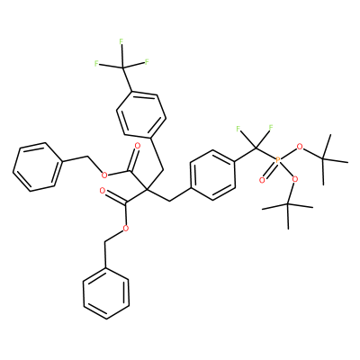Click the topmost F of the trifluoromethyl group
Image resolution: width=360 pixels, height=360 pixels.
coord(121,41)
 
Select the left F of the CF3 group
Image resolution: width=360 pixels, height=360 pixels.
coord(96,63)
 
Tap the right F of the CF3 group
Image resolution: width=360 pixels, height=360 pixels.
coord(147,62)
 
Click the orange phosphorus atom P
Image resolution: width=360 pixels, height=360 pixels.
coord(277,160)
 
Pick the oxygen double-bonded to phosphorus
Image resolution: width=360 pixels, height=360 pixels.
coord(262,180)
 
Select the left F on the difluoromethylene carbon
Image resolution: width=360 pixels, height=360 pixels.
coord(238,129)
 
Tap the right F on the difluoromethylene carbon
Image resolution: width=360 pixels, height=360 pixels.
coord(271,129)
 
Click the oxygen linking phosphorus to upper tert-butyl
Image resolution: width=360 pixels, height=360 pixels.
coord(299,147)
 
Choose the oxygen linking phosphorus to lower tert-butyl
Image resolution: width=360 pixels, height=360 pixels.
coord(295,179)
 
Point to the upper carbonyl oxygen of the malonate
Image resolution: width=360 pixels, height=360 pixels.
coord(138,146)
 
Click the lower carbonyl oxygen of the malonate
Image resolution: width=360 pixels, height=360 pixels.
coord(103,191)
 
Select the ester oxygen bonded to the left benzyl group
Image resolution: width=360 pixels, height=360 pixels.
coord(104,175)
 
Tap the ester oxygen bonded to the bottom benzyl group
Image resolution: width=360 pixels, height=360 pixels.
coord(126,229)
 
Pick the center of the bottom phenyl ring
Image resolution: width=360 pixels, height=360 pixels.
coord(106,294)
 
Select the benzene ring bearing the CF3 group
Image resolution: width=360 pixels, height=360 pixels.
coord(141,114)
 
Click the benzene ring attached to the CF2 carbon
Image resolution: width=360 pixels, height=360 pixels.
coord(212,175)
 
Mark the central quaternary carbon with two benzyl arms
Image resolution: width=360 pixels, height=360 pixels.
coord(147,189)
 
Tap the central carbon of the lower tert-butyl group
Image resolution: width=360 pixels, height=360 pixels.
coord(287,204)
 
